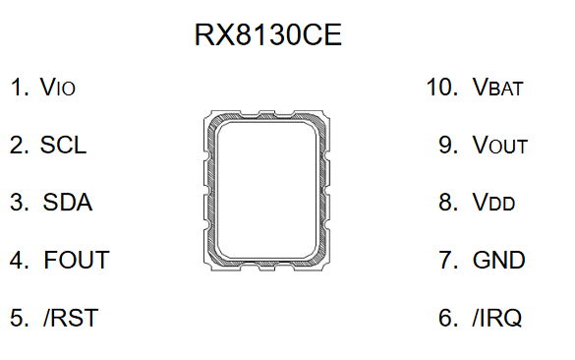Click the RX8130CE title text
click(268, 34)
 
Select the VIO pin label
click(58, 87)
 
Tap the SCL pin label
click(63, 145)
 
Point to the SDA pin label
click(68, 202)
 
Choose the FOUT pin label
click(77, 260)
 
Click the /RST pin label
click(71, 318)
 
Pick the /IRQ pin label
click(497, 318)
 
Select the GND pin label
click(498, 260)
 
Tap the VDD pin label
click(493, 202)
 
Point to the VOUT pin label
click(500, 145)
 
